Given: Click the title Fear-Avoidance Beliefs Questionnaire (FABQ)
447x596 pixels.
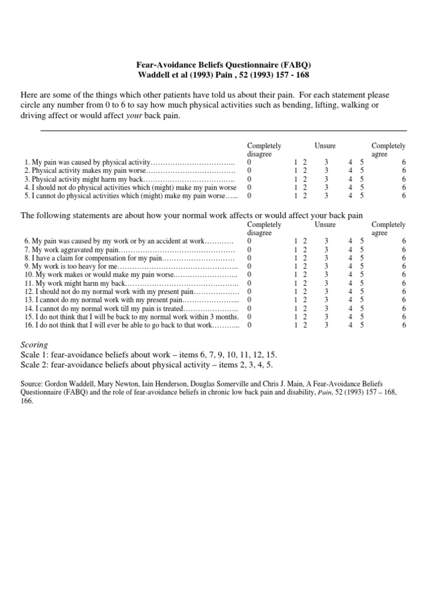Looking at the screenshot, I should tap(223, 65).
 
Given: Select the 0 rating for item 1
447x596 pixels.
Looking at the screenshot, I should tap(249, 162).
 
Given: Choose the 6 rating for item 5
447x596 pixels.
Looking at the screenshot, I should tap(404, 196).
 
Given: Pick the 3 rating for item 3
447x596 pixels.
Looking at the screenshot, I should tap(326, 179).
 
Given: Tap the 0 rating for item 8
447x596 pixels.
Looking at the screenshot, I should tap(249, 258).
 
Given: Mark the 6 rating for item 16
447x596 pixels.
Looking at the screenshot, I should tap(404, 325).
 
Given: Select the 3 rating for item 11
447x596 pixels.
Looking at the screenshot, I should tap(326, 283).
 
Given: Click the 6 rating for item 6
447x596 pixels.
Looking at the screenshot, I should tap(404, 241).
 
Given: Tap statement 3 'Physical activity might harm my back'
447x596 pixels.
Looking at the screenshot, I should tap(84, 179).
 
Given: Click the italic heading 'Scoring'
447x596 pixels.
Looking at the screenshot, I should tap(34, 345).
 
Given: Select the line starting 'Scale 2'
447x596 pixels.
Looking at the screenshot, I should tap(147, 365).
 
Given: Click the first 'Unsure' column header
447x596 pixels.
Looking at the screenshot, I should tap(325, 146).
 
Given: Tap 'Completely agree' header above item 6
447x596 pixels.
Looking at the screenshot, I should tap(388, 229).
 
